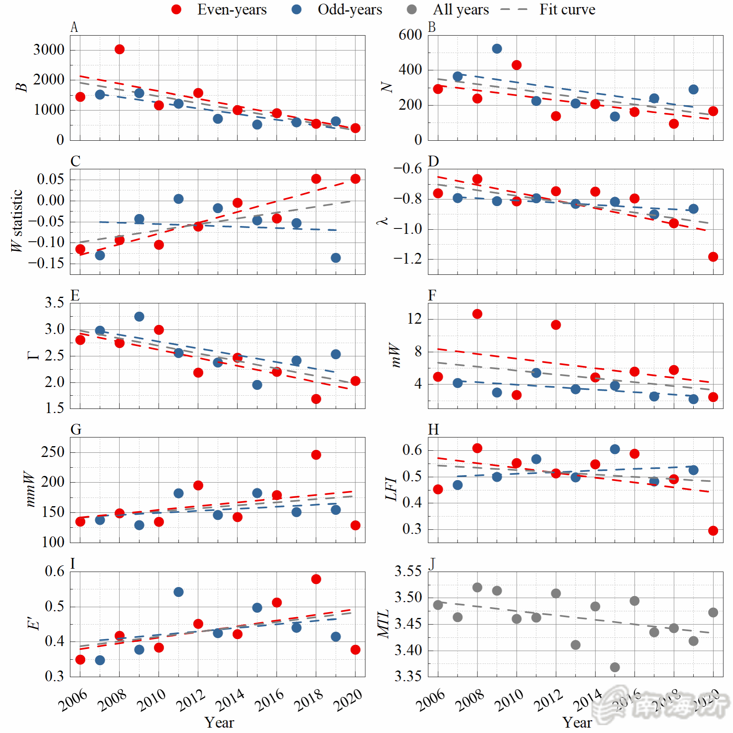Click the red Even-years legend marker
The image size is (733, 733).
pos(176,10)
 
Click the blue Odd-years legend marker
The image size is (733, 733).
pos(297,10)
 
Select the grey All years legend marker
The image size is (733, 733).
pos(412,10)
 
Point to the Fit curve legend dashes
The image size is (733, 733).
pos(514,10)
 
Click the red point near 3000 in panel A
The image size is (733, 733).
pos(120,50)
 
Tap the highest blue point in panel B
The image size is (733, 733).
pos(497,49)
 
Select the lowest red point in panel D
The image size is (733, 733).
pos(713,257)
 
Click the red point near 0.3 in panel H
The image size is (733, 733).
pos(713,531)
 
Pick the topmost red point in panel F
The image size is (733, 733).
pos(477,314)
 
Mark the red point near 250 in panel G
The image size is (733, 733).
pos(316,455)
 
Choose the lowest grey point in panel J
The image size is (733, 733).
pos(615,667)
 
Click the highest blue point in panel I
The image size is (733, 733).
pos(178,592)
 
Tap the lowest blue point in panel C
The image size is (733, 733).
pos(336,258)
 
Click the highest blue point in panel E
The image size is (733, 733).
pos(139,317)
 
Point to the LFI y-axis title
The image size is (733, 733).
pos(391,489)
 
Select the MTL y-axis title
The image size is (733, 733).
pos(383,624)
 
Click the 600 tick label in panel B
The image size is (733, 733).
pos(410,35)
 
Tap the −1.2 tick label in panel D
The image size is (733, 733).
pos(407,259)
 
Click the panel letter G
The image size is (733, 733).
pos(76,430)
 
